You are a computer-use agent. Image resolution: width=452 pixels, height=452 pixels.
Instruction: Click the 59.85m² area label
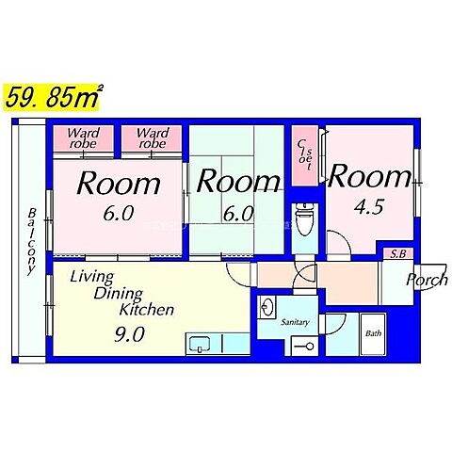[x=53, y=97]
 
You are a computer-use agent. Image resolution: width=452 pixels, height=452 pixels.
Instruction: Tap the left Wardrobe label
[x=84, y=138]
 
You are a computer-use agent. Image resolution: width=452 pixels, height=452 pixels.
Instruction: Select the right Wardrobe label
[x=153, y=138]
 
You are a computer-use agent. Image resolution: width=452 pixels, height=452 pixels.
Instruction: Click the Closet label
[x=305, y=154]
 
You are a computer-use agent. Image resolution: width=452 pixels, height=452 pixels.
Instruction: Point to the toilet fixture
[x=303, y=219]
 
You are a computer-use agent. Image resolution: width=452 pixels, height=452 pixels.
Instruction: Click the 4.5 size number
[x=368, y=207]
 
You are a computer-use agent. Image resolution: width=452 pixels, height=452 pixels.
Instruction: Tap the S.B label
[x=398, y=253]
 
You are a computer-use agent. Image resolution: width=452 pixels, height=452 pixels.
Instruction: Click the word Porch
[x=428, y=280]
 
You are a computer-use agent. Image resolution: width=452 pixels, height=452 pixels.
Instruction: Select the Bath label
[x=373, y=333]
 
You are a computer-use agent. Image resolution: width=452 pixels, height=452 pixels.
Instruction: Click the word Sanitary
[x=295, y=322]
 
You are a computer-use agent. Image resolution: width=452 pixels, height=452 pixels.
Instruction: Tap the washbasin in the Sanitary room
[x=266, y=307]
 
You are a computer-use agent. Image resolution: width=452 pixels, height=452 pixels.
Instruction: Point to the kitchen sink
[x=200, y=344]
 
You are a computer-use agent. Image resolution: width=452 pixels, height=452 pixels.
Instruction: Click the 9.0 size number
[x=129, y=334]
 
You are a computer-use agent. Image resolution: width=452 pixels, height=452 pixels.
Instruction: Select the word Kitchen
[x=147, y=310]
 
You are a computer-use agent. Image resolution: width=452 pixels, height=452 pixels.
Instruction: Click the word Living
[x=91, y=277]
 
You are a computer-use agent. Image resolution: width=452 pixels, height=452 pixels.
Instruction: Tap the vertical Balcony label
[x=32, y=241]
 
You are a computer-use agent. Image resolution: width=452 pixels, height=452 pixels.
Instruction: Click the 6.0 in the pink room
[x=119, y=213]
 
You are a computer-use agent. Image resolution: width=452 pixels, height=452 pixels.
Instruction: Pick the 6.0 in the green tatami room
[x=238, y=214]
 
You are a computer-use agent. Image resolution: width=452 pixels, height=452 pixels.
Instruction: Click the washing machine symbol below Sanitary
[x=304, y=347]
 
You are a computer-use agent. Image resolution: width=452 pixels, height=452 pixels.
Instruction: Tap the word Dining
[x=119, y=294]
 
